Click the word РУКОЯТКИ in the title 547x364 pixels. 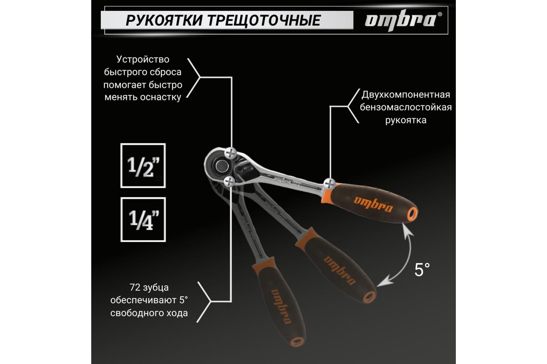(x=164, y=20)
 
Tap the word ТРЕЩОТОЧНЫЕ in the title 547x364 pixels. (x=264, y=20)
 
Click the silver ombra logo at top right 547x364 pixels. (x=403, y=20)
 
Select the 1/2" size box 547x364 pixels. (x=143, y=166)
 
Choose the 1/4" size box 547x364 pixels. (x=143, y=219)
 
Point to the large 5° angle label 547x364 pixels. (x=422, y=270)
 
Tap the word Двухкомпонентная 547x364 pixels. (x=406, y=95)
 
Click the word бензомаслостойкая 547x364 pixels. (x=406, y=107)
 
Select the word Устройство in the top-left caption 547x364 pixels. (x=143, y=60)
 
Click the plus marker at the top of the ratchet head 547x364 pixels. (x=231, y=153)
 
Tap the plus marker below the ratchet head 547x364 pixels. (x=229, y=182)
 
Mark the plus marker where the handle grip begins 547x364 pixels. (x=330, y=184)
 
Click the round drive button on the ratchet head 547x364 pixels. (x=222, y=166)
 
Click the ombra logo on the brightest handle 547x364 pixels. (x=373, y=204)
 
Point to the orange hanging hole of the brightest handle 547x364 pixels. (x=412, y=214)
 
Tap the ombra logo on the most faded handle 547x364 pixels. (x=282, y=306)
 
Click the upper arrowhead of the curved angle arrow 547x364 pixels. (x=408, y=230)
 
